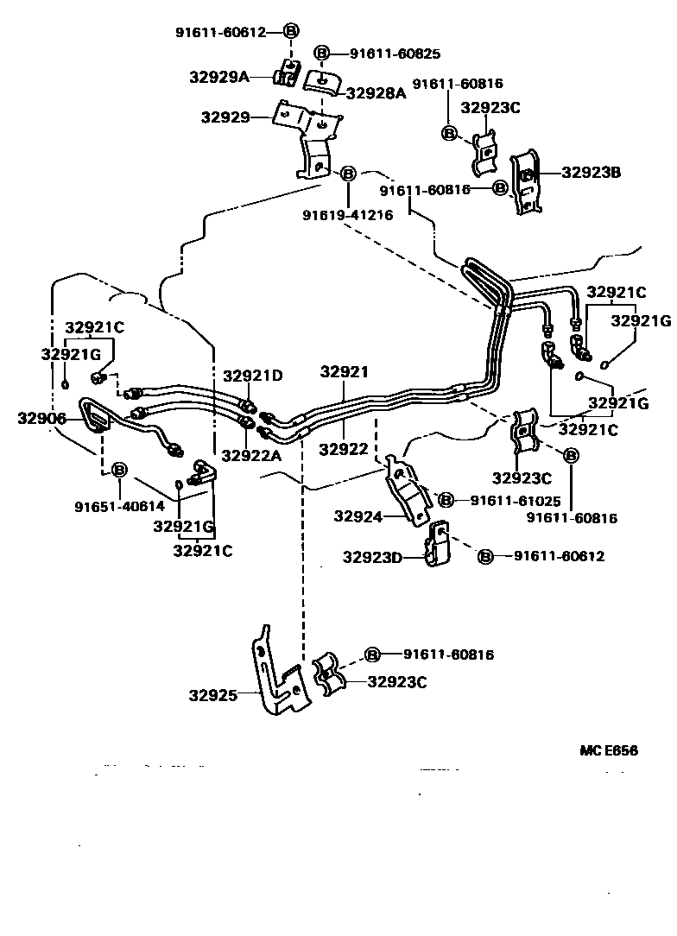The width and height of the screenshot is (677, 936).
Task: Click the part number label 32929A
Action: click(219, 77)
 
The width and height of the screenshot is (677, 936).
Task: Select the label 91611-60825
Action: click(395, 54)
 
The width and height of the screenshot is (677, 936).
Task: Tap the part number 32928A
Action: click(376, 92)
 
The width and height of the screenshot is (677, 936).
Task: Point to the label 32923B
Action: click(592, 172)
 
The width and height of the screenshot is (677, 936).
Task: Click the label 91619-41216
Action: click(348, 215)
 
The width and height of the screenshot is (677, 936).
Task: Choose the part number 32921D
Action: click(252, 376)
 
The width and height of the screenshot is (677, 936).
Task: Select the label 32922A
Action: click(251, 455)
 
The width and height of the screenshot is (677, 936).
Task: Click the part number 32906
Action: click(40, 418)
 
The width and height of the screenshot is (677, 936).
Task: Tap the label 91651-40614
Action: click(119, 506)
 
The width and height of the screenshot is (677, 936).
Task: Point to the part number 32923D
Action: click(372, 557)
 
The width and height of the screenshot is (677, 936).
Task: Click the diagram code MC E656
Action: click(609, 750)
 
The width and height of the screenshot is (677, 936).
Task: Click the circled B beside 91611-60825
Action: click(321, 54)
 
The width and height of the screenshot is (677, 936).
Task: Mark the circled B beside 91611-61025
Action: click(446, 500)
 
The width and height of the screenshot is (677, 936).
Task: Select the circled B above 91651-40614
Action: click(119, 470)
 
